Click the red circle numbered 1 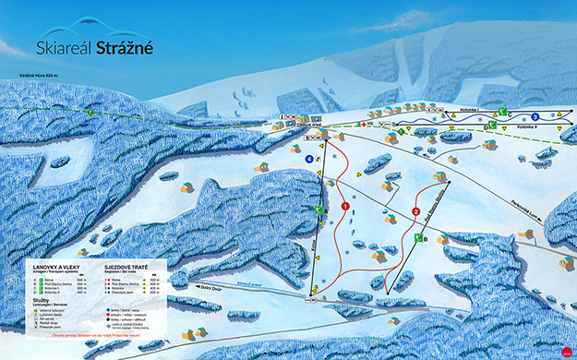[x=346, y=207]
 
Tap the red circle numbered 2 [x=415, y=211]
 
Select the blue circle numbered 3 [x=535, y=116]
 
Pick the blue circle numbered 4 [x=307, y=159]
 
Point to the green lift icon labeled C [x=318, y=210]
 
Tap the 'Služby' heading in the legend [x=40, y=303]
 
